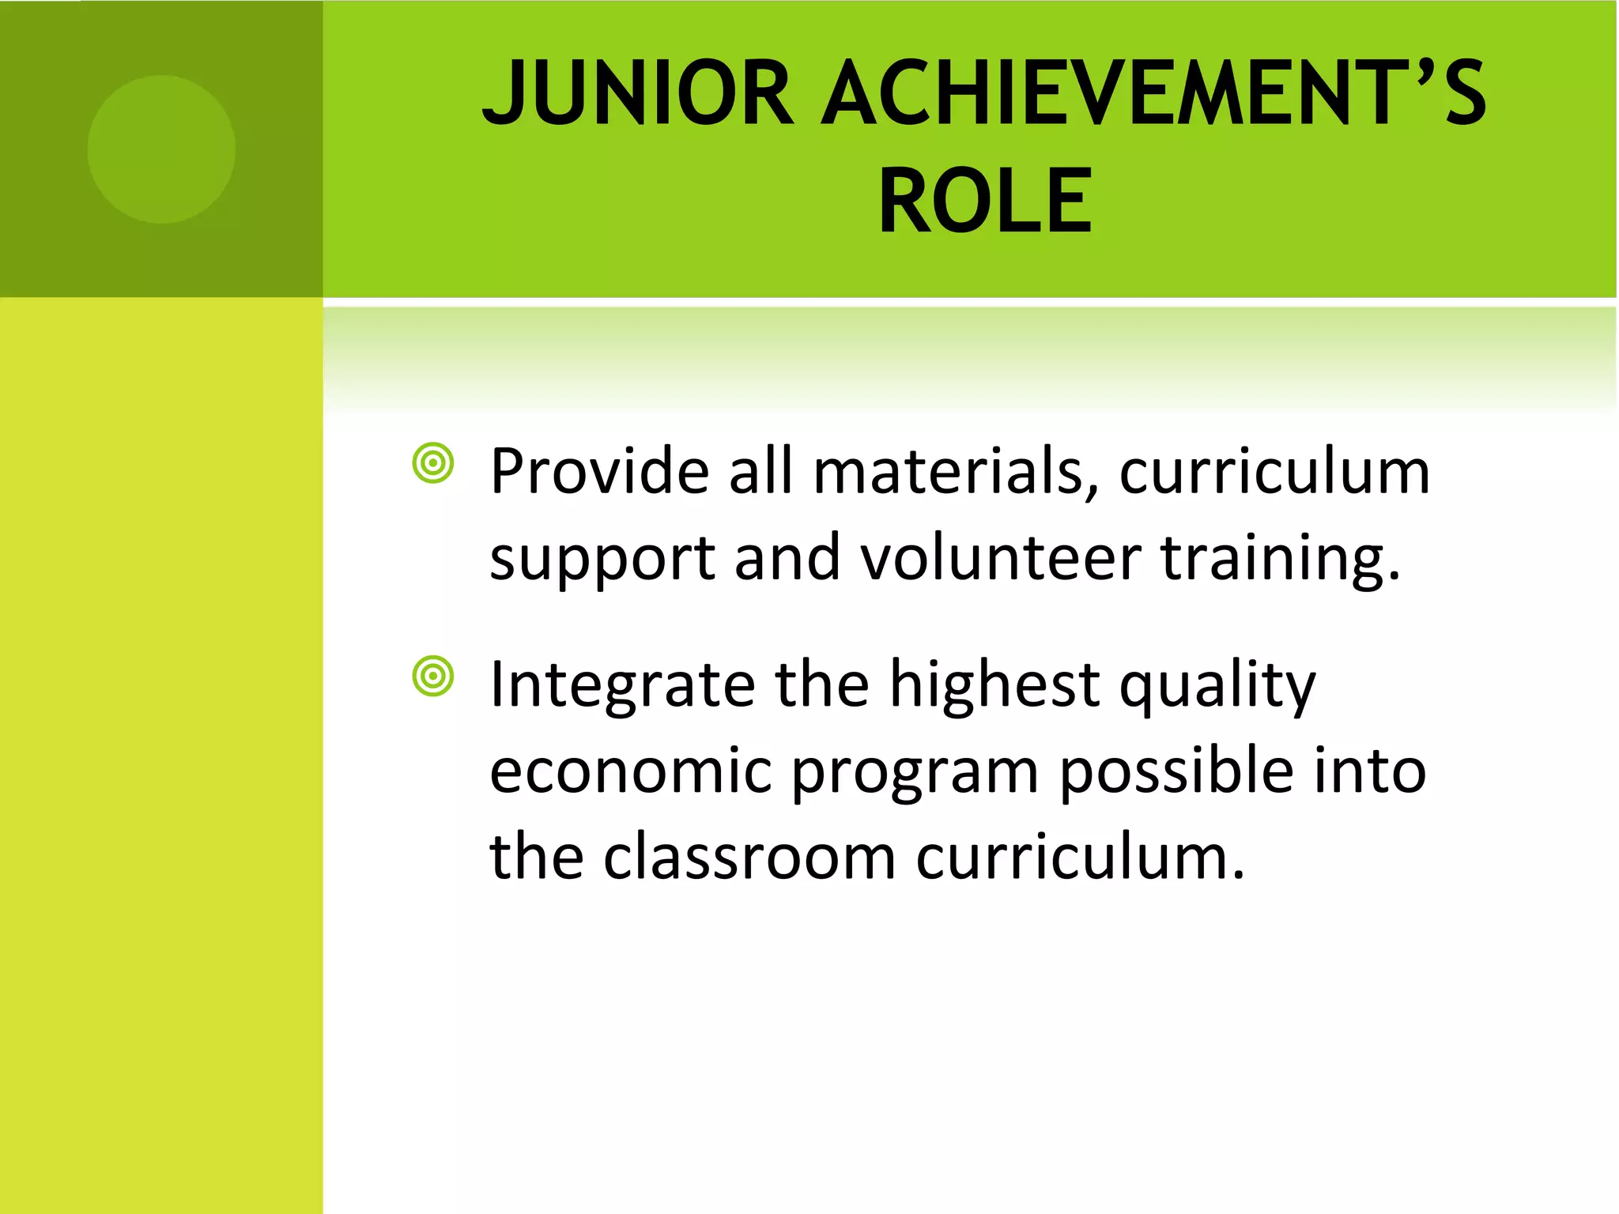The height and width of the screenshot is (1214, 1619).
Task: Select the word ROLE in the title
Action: [x=985, y=202]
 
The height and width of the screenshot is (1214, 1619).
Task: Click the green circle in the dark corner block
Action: [x=161, y=149]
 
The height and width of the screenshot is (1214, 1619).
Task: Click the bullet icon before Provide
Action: [x=433, y=464]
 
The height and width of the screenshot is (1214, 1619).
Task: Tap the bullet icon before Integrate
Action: [x=433, y=677]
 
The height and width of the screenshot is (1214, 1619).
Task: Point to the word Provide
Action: [x=599, y=472]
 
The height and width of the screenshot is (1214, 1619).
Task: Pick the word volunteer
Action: [x=1001, y=558]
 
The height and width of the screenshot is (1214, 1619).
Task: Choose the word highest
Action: [x=994, y=685]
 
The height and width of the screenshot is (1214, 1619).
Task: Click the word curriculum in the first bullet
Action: [x=1274, y=472]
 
